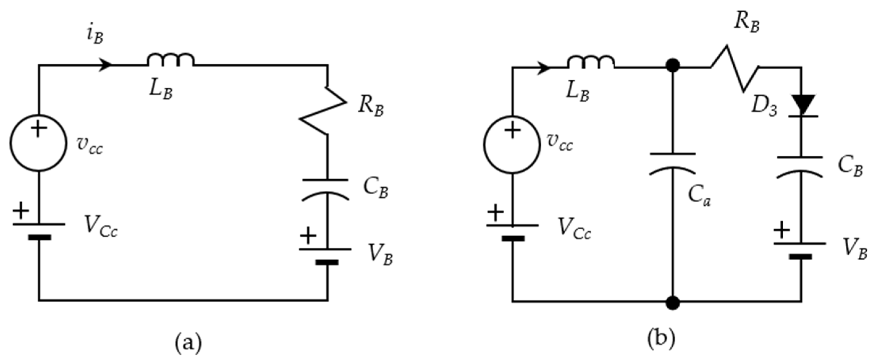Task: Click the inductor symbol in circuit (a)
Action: click(171, 61)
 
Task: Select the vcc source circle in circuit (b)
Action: click(512, 145)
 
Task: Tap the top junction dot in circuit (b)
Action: click(672, 66)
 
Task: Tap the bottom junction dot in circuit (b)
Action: click(672, 302)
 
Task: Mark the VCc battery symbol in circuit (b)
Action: click(512, 232)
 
